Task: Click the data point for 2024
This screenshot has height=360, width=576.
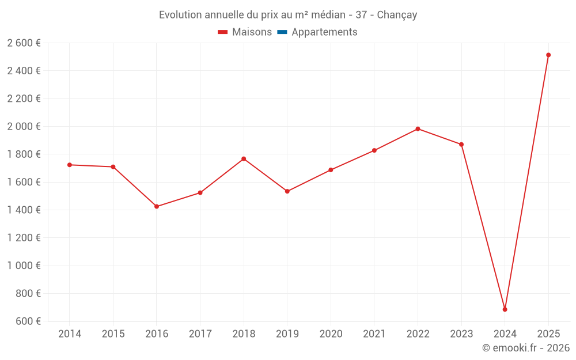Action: tap(505, 309)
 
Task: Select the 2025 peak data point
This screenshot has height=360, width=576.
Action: tap(548, 55)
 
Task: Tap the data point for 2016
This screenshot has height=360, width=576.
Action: tap(157, 206)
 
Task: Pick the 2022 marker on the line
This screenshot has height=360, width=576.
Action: tap(418, 129)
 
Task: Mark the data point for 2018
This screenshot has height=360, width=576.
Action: tap(244, 159)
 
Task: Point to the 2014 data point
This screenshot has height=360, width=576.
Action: tap(70, 165)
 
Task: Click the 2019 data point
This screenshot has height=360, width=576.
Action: tap(287, 191)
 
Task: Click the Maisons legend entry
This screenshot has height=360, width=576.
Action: tap(252, 32)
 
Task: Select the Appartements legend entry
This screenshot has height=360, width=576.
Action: tap(324, 32)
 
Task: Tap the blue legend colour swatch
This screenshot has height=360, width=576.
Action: tap(282, 32)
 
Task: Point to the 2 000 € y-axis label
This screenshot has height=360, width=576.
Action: tap(24, 126)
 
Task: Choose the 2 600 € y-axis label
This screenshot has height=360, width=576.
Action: tap(24, 43)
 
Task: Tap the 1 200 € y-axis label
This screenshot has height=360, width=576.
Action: tap(24, 237)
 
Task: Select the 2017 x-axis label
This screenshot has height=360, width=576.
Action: tap(200, 334)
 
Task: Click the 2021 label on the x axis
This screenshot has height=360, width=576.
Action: tap(374, 334)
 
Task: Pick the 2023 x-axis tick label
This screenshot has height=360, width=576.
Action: tap(461, 334)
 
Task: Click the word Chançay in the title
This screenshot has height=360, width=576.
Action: tap(397, 15)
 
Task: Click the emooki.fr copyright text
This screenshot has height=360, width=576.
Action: tap(525, 348)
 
